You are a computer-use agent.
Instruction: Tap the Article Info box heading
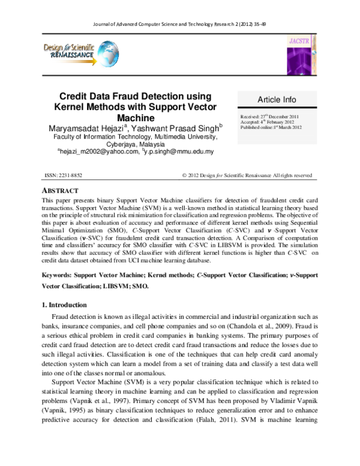pyautogui.click(x=277, y=99)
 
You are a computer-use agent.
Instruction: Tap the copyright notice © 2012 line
pyautogui.click(x=247, y=175)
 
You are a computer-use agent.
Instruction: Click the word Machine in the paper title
pyautogui.click(x=136, y=118)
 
